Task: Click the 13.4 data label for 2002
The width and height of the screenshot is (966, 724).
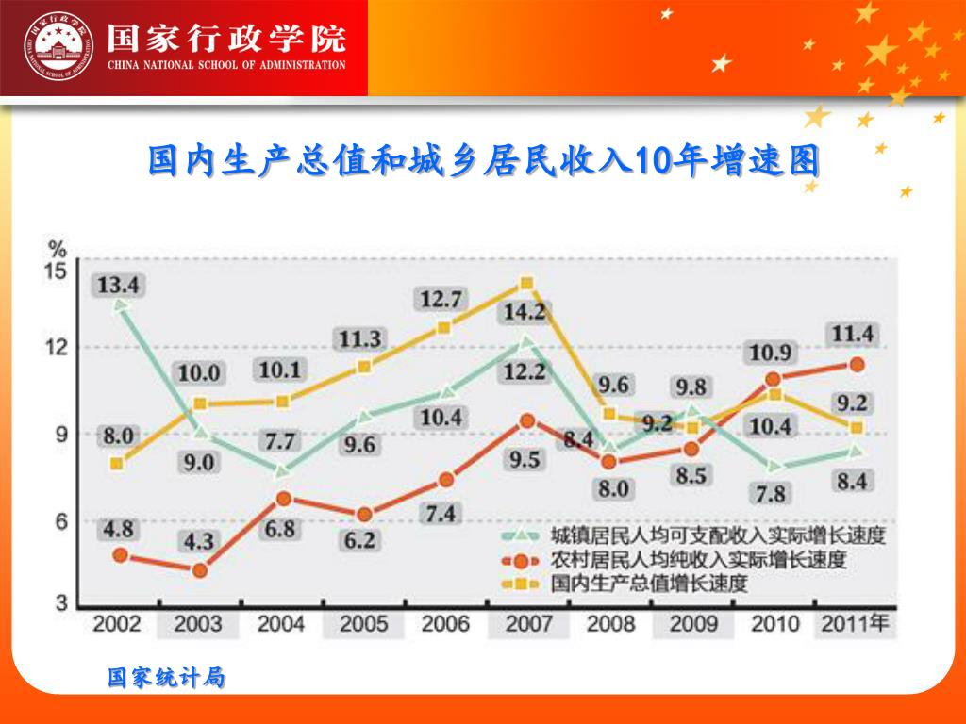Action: tap(118, 285)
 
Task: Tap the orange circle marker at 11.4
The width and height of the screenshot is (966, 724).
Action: tap(857, 365)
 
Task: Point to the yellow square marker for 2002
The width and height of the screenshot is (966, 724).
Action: tap(117, 463)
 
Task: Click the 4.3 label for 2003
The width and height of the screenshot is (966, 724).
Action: tap(198, 542)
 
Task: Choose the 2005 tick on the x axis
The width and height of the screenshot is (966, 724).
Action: tap(363, 624)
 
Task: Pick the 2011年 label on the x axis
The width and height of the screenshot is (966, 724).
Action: tap(855, 623)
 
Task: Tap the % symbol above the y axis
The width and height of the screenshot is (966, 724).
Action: tap(58, 250)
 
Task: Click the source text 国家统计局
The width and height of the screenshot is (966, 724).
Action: tap(166, 677)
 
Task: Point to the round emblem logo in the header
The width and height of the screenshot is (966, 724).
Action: tap(60, 46)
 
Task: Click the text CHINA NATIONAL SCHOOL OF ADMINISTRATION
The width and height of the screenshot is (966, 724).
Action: tap(226, 65)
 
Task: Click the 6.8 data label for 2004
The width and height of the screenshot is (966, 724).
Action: tap(280, 529)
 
